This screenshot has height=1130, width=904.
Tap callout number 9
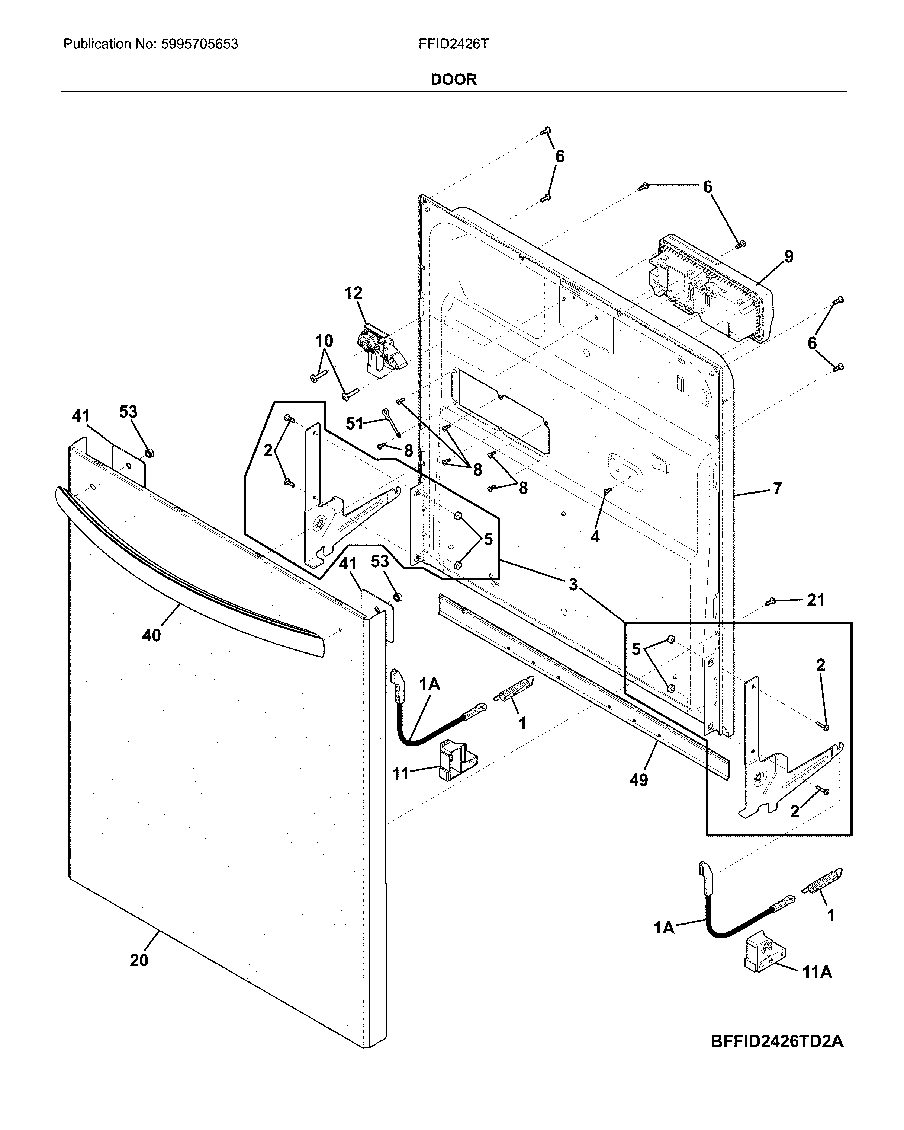(788, 256)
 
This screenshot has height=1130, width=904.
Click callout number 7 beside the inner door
(777, 488)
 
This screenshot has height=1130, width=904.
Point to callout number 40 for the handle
(151, 635)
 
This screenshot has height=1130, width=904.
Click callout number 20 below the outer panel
(139, 960)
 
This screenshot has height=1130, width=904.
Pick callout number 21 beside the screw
(815, 600)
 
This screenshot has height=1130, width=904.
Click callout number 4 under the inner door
(595, 536)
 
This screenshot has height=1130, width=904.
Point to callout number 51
(355, 423)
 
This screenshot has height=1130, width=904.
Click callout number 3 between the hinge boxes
(573, 584)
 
